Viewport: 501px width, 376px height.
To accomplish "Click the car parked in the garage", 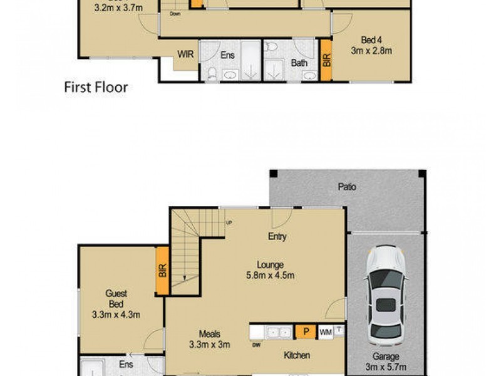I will point(386,295).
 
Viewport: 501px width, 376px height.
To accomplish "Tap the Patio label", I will point(347,186).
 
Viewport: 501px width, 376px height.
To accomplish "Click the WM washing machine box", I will point(326,332).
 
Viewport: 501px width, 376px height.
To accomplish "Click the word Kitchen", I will point(296,355).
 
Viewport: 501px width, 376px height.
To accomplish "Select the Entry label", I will point(277,236).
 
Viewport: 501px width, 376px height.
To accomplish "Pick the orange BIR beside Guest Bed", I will point(162,271).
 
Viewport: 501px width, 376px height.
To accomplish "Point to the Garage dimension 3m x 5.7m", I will point(386,365).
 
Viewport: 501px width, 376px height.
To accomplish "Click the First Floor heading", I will point(96,87).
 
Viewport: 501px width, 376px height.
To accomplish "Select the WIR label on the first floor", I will point(185,55).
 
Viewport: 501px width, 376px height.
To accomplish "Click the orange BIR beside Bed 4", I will point(326,60).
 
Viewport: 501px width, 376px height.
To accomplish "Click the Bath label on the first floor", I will point(299,63).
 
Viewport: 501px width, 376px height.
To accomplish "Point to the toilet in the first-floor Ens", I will point(212,75).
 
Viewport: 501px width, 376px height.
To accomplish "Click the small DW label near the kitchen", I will point(256,344).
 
